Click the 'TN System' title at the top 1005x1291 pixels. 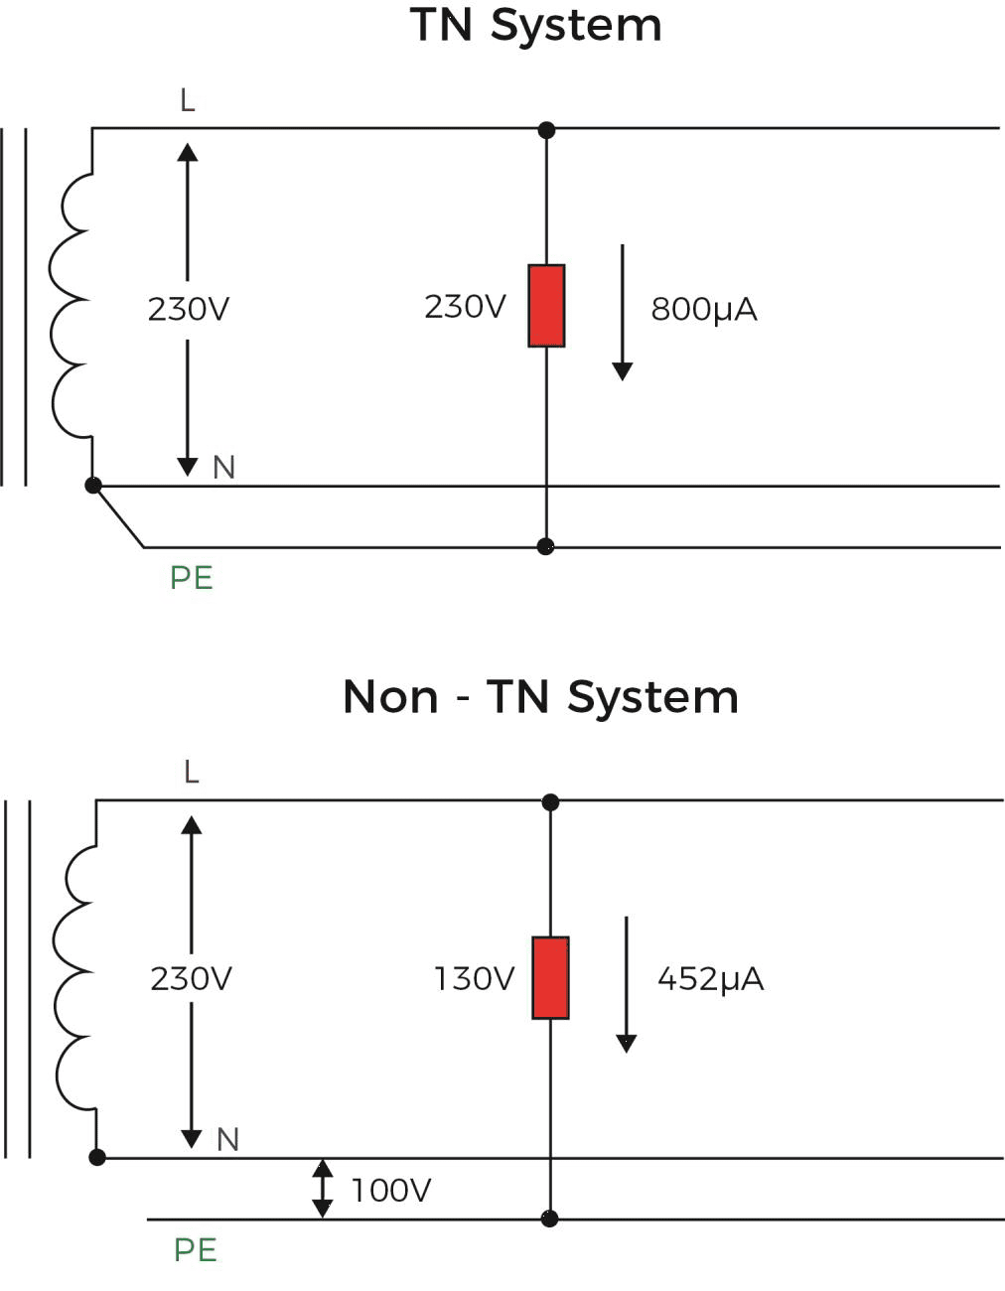click(x=535, y=25)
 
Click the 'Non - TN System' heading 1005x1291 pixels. click(x=540, y=696)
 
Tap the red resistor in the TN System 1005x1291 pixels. click(x=546, y=306)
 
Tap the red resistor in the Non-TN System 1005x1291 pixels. click(x=550, y=977)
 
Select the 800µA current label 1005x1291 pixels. click(x=704, y=310)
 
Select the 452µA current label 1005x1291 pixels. click(x=710, y=979)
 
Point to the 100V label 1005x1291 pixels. click(x=391, y=1190)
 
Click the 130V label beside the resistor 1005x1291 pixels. click(x=474, y=979)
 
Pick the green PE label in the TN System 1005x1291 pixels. click(x=192, y=578)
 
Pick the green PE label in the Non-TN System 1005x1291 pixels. click(x=196, y=1249)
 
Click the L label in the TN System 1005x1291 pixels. click(x=188, y=100)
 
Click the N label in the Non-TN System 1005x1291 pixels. click(x=227, y=1139)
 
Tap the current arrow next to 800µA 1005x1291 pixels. click(x=623, y=312)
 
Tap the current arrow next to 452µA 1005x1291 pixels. click(x=627, y=983)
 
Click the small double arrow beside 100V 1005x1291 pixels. click(x=323, y=1189)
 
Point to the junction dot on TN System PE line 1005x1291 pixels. click(x=545, y=546)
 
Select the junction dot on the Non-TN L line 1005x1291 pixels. click(x=550, y=801)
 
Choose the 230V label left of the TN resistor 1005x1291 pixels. click(x=465, y=307)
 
